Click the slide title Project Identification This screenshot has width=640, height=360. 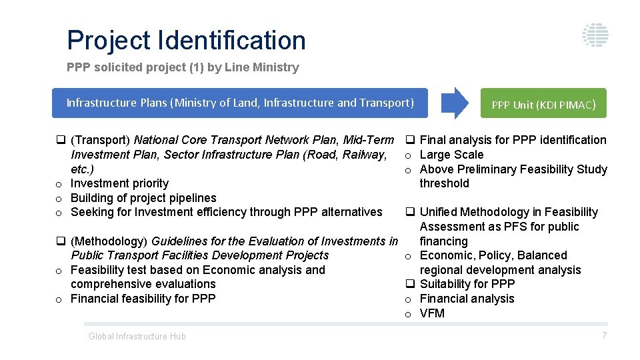(x=186, y=41)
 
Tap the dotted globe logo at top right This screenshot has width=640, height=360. (x=595, y=35)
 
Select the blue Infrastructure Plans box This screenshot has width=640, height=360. (x=240, y=103)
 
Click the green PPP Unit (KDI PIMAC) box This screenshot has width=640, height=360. (x=543, y=104)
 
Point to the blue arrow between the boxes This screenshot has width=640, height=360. (x=455, y=103)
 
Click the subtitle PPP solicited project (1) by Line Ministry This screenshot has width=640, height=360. (x=183, y=67)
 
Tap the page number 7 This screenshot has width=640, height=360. (x=604, y=335)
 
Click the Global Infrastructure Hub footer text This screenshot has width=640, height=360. (x=137, y=337)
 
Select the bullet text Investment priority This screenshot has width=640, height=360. (x=119, y=183)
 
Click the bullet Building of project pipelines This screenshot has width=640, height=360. (x=143, y=198)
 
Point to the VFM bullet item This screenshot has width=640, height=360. (x=432, y=313)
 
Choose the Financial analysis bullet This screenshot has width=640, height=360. (x=467, y=299)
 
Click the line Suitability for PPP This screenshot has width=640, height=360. (x=467, y=284)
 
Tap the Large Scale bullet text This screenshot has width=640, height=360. (x=451, y=155)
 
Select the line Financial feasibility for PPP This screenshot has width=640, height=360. (x=143, y=299)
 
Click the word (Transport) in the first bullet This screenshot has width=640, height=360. (x=101, y=140)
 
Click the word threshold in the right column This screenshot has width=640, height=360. (x=444, y=183)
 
